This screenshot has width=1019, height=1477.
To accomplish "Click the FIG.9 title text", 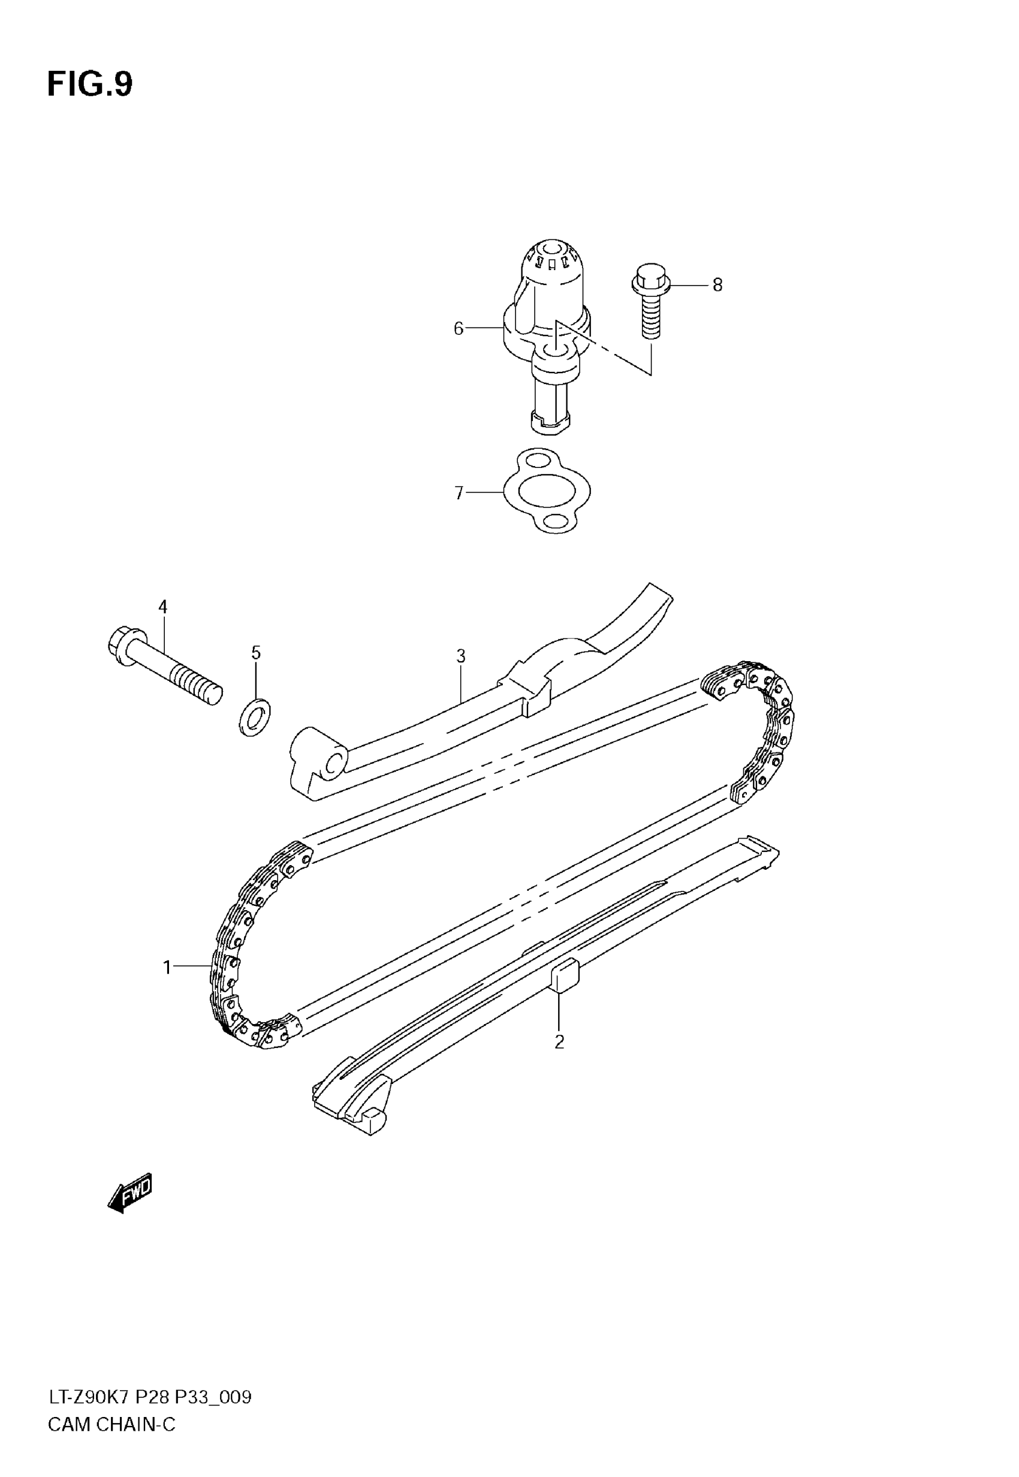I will coord(90,85).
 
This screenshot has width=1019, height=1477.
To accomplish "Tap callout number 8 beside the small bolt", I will coord(717,286).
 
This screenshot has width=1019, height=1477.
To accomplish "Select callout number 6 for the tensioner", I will coord(458,328).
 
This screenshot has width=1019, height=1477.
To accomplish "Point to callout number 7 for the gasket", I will coord(459,493).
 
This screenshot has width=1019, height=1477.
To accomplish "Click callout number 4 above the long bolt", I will coord(163,607).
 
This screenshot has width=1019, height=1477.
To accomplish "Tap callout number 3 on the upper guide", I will coord(460,656).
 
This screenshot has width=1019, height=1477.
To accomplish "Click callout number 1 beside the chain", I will coord(167,968).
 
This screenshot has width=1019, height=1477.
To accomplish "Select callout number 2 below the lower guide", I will coord(559,1042).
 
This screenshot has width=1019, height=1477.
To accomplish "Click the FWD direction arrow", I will coord(130,1192).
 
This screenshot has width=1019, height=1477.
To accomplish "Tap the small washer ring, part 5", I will coord(254,718).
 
